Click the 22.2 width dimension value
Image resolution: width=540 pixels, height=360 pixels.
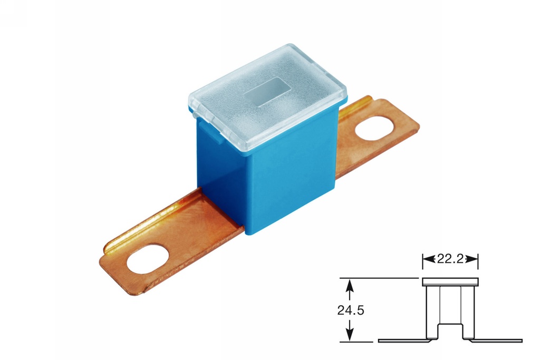click(450, 258)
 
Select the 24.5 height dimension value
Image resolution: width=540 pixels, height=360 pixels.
click(351, 310)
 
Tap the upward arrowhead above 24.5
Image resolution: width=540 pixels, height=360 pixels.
click(349, 284)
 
